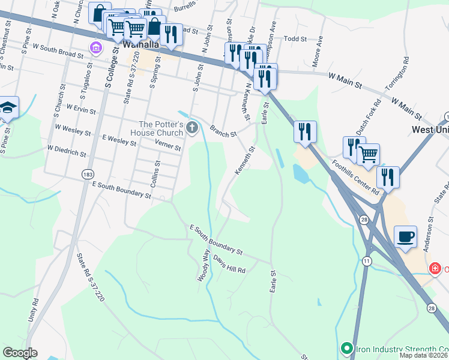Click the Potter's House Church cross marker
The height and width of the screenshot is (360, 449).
tap(192, 127)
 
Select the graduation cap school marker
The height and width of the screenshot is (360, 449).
tap(8, 107)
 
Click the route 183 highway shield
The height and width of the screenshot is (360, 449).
tap(88, 173)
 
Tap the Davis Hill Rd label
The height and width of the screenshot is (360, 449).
tap(229, 267)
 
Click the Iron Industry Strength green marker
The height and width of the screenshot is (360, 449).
tap(346, 348)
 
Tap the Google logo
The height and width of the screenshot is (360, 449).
tap(20, 353)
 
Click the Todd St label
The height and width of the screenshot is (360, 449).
tap(295, 38)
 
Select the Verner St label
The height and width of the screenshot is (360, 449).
tap(168, 146)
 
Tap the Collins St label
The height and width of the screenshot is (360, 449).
tap(157, 174)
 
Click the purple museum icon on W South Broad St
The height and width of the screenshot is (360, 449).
tap(95, 47)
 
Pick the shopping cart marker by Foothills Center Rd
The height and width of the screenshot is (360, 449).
tap(368, 154)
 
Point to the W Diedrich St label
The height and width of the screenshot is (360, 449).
tap(67, 149)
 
